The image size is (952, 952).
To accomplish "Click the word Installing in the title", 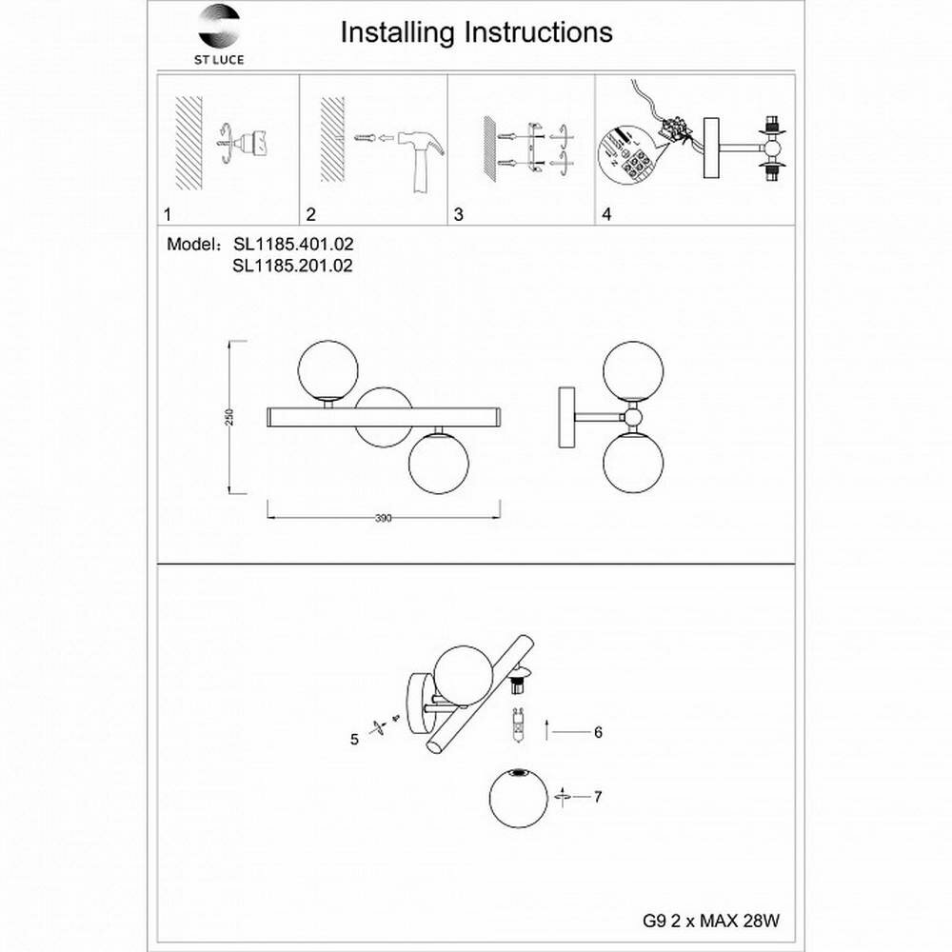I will pyautogui.click(x=397, y=32).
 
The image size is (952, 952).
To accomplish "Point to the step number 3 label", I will pyautogui.click(x=458, y=214).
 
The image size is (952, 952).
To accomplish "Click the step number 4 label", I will pyautogui.click(x=606, y=214).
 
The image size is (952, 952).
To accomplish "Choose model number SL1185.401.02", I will pyautogui.click(x=292, y=245).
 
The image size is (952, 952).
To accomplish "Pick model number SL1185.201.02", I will pyautogui.click(x=292, y=267).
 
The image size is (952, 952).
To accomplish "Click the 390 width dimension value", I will pyautogui.click(x=383, y=519).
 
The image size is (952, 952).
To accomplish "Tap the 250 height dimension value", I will pyautogui.click(x=228, y=418).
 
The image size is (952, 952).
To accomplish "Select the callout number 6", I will pyautogui.click(x=598, y=732).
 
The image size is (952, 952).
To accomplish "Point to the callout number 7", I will pyautogui.click(x=598, y=797).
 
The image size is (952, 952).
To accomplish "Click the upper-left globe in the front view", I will pyautogui.click(x=327, y=368).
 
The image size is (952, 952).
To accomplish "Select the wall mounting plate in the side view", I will pyautogui.click(x=565, y=417).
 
